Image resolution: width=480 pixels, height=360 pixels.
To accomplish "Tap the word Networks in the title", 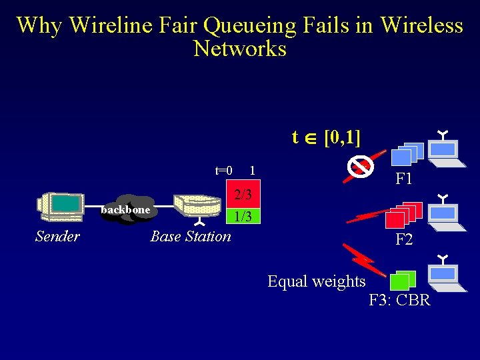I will (x=240, y=49).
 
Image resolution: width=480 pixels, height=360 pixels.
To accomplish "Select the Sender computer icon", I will (x=60, y=207).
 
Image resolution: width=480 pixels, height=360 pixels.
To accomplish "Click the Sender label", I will (x=57, y=237).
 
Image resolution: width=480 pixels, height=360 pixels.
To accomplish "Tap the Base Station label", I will (x=191, y=237).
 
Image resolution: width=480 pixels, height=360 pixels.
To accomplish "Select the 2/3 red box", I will (x=242, y=195).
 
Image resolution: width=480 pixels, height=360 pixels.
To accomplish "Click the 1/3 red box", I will (x=242, y=216).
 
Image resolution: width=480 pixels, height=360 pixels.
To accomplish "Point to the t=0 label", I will (x=223, y=171).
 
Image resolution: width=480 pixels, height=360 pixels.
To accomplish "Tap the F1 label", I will (x=404, y=179).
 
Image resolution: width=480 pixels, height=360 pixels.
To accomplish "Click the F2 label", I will (x=404, y=239).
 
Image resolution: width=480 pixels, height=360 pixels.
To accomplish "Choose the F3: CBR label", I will (x=400, y=300).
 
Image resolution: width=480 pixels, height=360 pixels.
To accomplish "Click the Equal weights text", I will (x=316, y=281).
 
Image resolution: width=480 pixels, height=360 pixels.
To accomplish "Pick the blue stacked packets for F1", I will (x=405, y=155).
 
